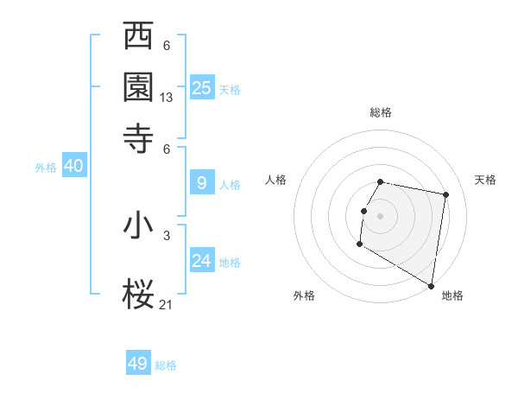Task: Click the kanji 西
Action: click(139, 36)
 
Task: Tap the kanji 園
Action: click(139, 87)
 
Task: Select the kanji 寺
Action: click(139, 138)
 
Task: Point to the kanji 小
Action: click(139, 226)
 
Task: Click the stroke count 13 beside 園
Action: click(167, 98)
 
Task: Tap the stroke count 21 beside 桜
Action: click(167, 303)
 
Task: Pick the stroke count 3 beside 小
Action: click(167, 235)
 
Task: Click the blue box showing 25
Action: click(202, 88)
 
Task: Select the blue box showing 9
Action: click(202, 183)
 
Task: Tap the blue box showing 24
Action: click(202, 260)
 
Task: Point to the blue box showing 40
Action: click(73, 167)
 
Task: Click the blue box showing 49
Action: click(138, 364)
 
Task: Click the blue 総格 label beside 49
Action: click(166, 365)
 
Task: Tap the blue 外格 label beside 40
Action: click(46, 168)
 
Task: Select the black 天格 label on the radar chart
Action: click(485, 180)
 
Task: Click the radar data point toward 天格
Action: click(445, 195)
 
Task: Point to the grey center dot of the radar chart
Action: click(380, 215)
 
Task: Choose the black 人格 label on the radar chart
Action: click(275, 180)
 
